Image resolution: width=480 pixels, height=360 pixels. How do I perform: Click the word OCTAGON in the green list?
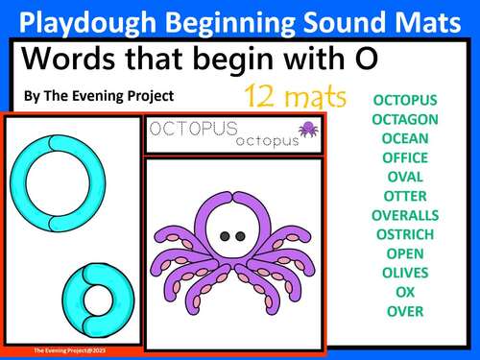coord(404,119)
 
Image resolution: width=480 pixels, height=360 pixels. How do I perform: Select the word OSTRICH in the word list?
coord(404,234)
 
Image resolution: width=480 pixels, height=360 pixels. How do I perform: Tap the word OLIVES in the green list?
coord(405,273)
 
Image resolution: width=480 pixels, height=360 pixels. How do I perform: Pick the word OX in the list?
coord(404,292)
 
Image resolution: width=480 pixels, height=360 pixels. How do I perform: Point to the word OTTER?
coord(404,196)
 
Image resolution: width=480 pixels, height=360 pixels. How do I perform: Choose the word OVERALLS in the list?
coord(404,215)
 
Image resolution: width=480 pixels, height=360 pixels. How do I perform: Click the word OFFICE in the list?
coord(404,157)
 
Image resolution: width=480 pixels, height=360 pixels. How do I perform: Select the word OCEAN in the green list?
coord(404,138)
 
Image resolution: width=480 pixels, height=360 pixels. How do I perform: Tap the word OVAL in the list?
coord(404,177)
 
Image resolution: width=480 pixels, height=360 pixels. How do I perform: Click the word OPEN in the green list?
coord(404,253)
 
